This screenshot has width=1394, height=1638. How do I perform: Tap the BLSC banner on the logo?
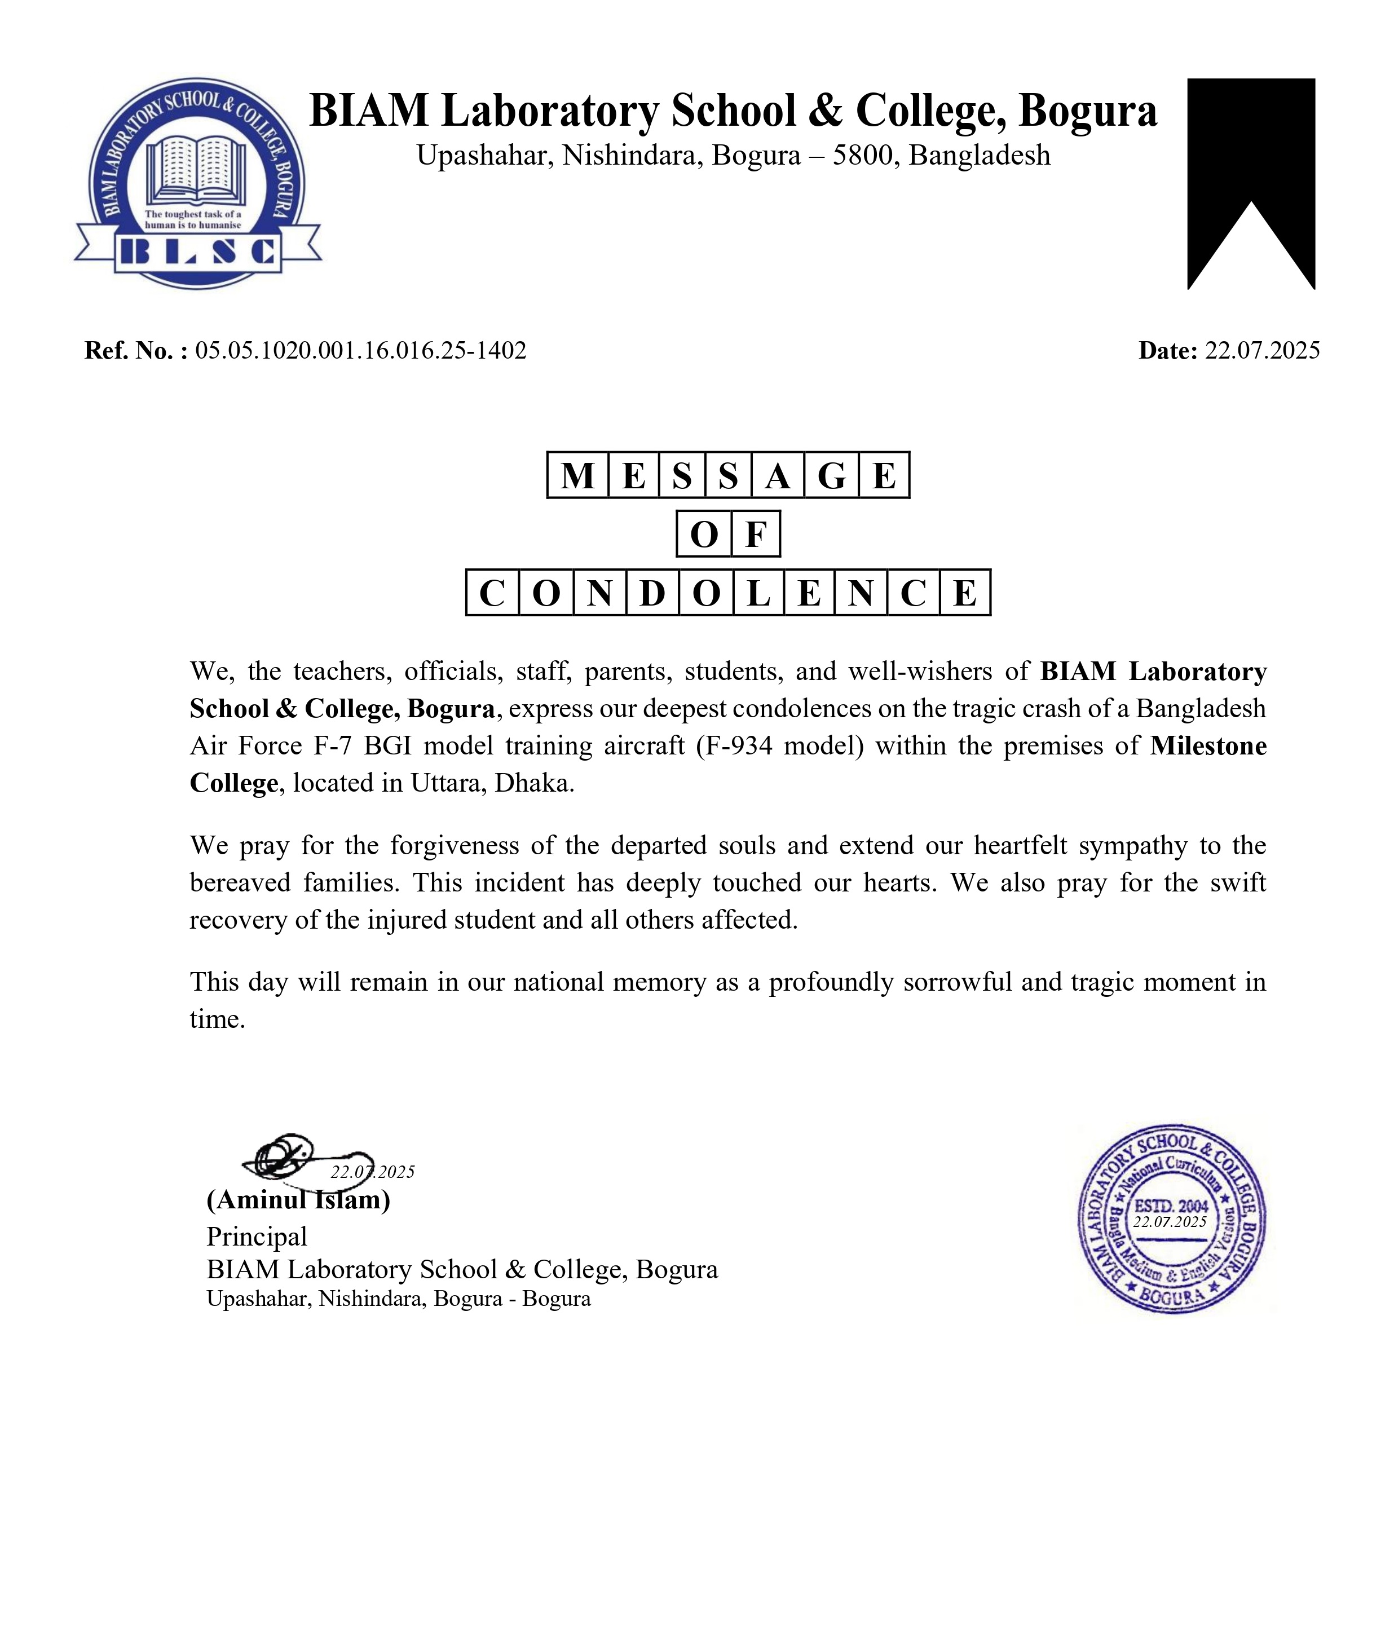tap(197, 252)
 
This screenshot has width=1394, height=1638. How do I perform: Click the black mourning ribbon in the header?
tap(1250, 158)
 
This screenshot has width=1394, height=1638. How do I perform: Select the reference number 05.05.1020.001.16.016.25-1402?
tap(360, 350)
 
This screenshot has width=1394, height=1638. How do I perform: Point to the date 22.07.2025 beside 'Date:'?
tap(1262, 350)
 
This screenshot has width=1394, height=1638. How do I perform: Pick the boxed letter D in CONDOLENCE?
tap(652, 593)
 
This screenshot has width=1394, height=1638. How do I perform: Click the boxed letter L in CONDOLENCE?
tap(758, 593)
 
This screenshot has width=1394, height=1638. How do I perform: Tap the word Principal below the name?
tap(256, 1236)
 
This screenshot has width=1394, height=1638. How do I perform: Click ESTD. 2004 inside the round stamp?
tap(1171, 1206)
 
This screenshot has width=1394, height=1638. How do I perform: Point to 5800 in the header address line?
tap(863, 155)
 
